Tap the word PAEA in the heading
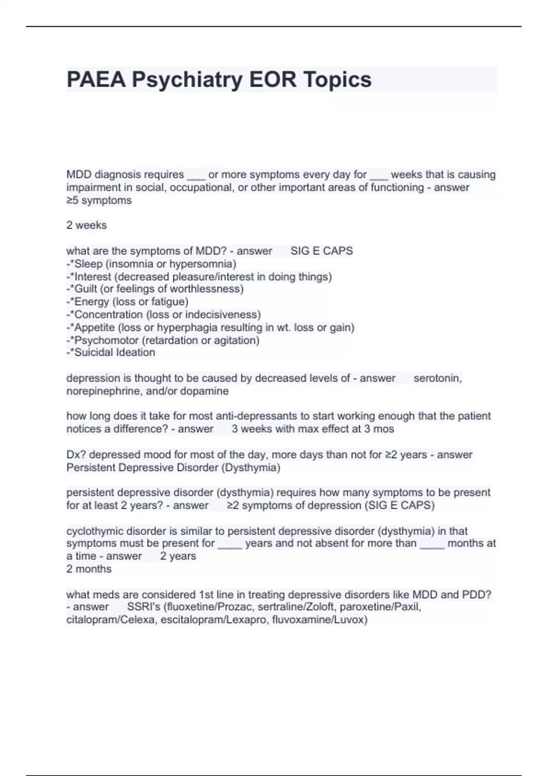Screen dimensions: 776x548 96,80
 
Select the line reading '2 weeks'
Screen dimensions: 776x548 86,225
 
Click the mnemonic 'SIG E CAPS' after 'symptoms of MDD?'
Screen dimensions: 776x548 321,251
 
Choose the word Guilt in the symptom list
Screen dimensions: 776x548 86,289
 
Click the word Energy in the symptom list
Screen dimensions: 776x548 91,302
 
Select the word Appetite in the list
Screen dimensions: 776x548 95,327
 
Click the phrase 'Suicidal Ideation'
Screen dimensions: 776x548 115,352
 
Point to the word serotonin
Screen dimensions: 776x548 437,378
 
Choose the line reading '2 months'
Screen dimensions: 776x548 89,569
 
